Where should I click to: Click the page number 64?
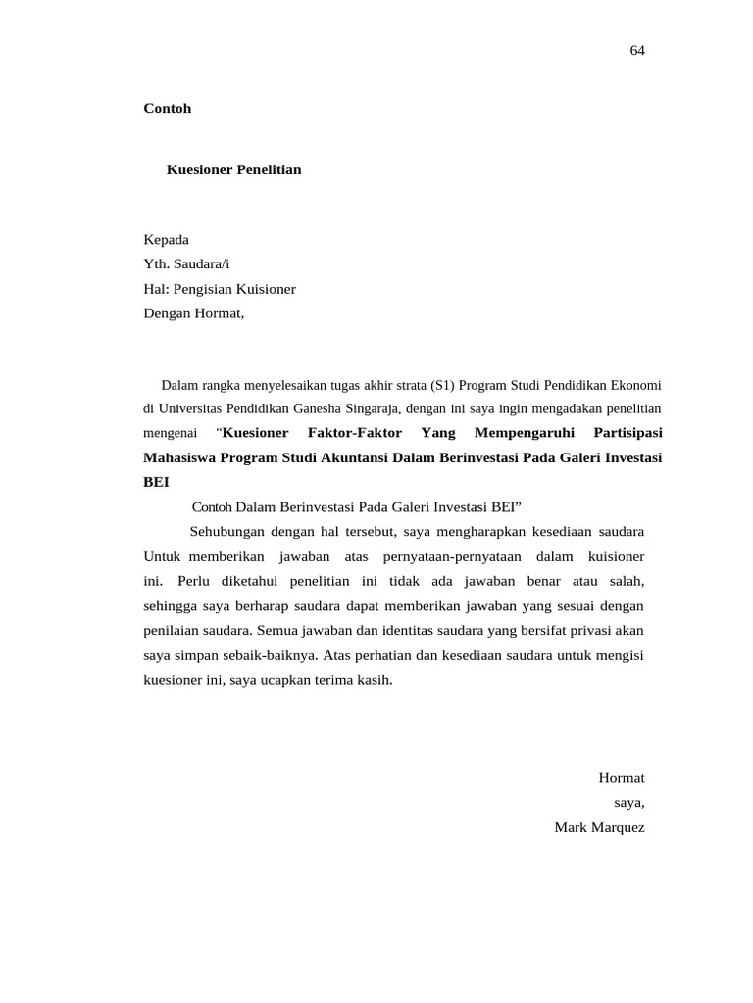637,51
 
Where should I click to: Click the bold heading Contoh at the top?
168,109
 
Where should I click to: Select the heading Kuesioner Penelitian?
233,170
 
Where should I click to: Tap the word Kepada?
167,240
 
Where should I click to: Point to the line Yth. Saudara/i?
187,264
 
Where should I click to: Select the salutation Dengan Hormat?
193,313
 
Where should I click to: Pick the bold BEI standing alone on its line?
157,482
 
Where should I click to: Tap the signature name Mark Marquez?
599,827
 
